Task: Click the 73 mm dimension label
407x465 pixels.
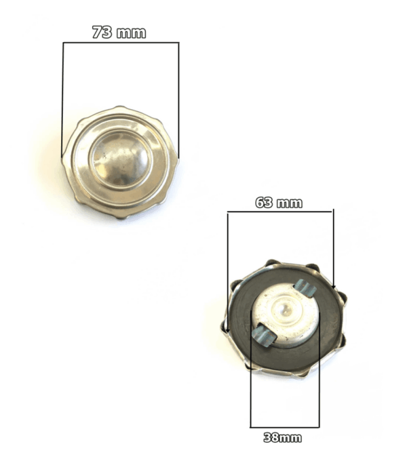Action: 119,32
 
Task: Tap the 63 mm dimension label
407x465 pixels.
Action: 279,203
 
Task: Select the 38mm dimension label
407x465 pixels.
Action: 283,437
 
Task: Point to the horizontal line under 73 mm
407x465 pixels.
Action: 121,43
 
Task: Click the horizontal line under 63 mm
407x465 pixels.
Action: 279,211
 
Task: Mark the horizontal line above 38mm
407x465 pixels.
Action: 285,427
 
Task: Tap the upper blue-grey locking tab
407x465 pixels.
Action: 305,288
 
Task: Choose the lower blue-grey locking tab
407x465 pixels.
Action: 264,335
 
